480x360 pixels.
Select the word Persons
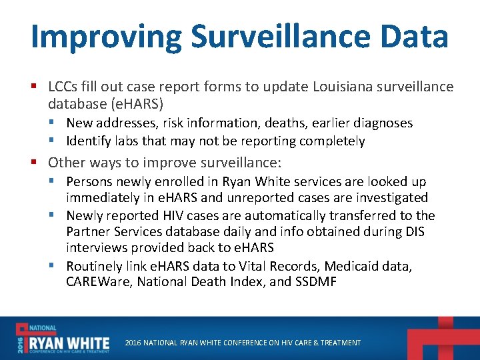click(x=90, y=181)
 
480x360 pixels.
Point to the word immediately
click(x=99, y=198)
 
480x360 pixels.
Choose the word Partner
click(x=88, y=232)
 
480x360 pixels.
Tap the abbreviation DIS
click(x=413, y=232)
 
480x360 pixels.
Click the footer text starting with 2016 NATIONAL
click(x=243, y=343)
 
